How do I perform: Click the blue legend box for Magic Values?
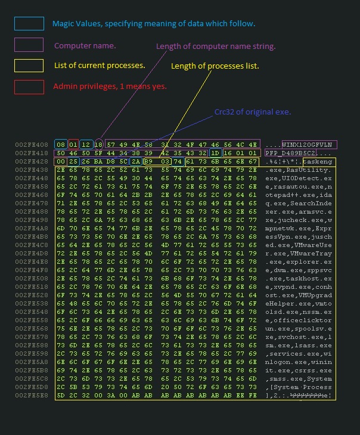(x=29, y=24)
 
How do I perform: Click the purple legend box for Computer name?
(x=29, y=45)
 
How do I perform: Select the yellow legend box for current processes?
(x=29, y=66)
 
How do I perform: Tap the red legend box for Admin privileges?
(x=29, y=87)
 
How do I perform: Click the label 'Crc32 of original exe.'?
(x=252, y=112)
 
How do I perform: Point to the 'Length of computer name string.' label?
(x=216, y=47)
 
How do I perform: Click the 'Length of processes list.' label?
(x=215, y=66)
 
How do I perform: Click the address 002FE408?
(x=33, y=145)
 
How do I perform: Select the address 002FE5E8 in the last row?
(x=33, y=396)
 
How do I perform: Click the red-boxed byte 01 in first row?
(x=73, y=145)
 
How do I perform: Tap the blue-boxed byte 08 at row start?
(x=61, y=145)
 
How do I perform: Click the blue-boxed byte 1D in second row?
(x=216, y=153)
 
